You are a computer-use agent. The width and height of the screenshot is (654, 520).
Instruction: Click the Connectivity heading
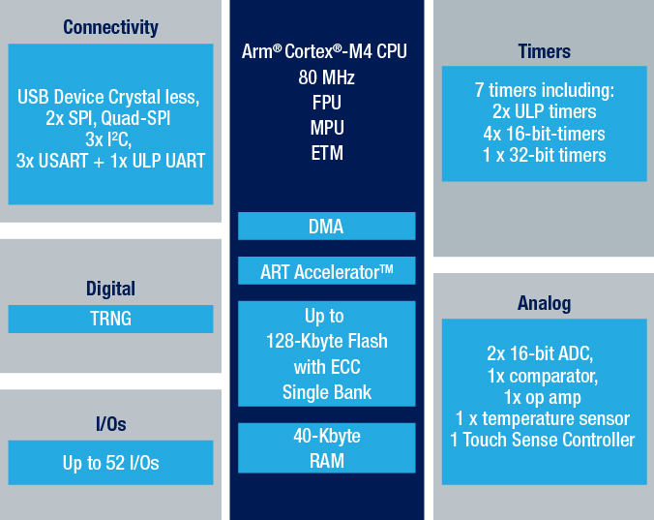tap(110, 27)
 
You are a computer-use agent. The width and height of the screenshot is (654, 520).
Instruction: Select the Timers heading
tap(545, 51)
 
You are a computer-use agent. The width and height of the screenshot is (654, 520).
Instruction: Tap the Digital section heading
tap(110, 289)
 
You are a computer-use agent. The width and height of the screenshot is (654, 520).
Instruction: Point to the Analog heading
tap(545, 303)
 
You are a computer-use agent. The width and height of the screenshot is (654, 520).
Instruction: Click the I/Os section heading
tap(110, 424)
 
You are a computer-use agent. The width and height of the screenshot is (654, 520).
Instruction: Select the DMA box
tap(327, 227)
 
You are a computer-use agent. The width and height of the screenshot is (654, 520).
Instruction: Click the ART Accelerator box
tap(327, 271)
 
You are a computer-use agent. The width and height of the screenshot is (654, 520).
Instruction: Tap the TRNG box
tap(110, 319)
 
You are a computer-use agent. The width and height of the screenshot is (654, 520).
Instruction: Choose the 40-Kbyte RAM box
tap(327, 448)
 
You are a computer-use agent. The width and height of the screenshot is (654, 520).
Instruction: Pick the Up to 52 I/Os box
tap(110, 463)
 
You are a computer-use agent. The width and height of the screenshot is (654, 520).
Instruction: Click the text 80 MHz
tap(327, 77)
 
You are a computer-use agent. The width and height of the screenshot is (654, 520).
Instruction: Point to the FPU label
tap(327, 103)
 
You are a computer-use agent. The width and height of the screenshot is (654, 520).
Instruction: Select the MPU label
tap(327, 128)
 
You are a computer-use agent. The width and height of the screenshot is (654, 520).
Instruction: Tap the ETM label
tap(327, 153)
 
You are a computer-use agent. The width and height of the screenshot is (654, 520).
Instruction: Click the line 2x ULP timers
tap(545, 112)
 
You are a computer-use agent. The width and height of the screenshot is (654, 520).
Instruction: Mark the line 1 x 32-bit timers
tap(545, 155)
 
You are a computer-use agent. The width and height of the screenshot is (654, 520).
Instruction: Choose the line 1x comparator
tap(543, 377)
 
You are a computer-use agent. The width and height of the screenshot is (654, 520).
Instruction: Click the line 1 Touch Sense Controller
tap(543, 440)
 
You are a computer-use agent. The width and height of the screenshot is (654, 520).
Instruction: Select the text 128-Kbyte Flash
tap(327, 342)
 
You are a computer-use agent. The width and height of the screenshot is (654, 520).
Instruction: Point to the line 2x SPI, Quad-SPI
tap(108, 118)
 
